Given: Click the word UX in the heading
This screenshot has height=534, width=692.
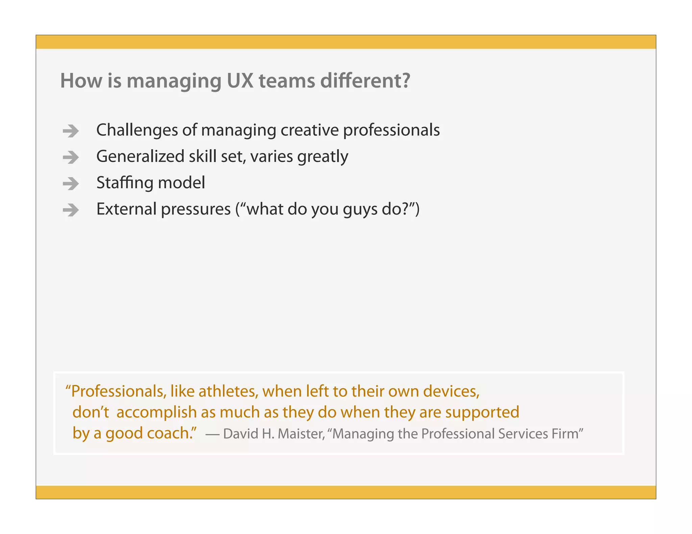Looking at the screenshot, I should [240, 81].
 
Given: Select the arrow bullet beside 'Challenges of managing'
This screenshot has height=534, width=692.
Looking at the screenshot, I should [71, 131].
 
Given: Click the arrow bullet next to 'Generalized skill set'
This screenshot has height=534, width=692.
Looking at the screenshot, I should [71, 157].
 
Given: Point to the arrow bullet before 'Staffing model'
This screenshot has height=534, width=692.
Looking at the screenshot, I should [71, 184].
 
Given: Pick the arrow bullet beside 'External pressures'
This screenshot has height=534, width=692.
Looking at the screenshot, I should [71, 210].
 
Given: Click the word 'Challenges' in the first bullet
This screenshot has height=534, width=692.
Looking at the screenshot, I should [137, 130].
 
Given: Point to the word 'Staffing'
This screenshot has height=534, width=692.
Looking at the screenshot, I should [125, 183].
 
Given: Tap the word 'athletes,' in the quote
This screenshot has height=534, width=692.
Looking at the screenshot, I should [228, 392].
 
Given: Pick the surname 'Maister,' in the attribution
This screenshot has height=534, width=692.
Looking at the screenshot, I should [301, 434].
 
